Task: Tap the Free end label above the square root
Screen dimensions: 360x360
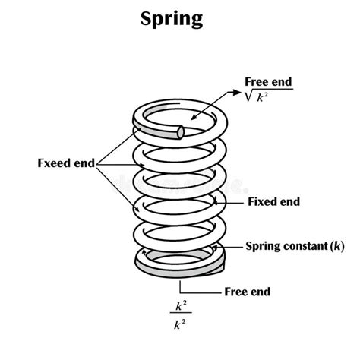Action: coord(268,81)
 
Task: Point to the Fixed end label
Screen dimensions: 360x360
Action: coord(274,202)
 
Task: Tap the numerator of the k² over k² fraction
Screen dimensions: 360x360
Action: coord(180,306)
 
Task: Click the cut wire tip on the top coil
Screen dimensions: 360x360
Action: coord(181,131)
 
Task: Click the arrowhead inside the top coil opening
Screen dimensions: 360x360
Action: coord(196,118)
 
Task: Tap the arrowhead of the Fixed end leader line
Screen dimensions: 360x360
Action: coord(217,202)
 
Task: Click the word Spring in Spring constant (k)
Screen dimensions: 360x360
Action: coord(261,246)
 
